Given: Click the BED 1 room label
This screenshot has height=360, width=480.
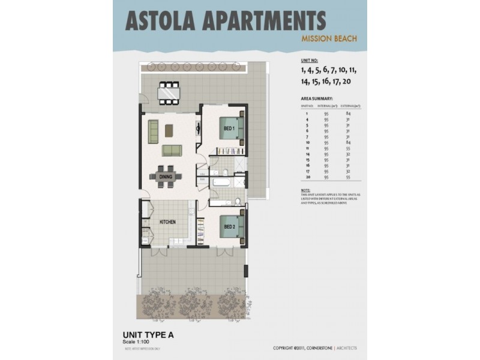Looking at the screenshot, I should [228, 128].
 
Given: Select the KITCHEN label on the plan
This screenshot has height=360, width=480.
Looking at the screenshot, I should [167, 223].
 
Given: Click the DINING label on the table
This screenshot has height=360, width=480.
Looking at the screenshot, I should [166, 176].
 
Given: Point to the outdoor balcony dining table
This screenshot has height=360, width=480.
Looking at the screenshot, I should [169, 93].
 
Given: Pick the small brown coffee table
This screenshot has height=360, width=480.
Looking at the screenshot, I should [169, 129].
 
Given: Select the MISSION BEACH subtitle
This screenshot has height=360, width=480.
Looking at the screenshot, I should [329, 39].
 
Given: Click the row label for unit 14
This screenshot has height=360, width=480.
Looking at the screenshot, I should [307, 154].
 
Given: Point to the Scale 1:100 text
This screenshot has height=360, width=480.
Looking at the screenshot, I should [137, 342].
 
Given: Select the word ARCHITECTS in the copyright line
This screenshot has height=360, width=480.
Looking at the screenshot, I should [344, 347].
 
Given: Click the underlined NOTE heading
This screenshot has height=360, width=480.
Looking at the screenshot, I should [305, 190].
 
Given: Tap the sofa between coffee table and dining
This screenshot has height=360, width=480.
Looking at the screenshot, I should [172, 150].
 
